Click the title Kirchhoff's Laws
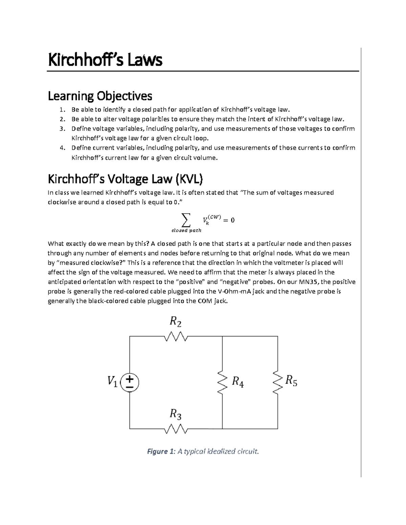tap(105, 60)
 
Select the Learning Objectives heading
tap(100, 96)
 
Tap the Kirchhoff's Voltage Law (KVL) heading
tap(125, 179)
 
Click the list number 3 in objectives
tap(62, 129)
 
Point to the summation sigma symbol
tap(185, 220)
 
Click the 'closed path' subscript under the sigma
tap(186, 231)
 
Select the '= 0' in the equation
tap(228, 220)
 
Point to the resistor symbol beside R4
tap(222, 383)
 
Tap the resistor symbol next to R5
tap(278, 383)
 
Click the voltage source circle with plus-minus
tap(130, 383)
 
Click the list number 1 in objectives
tap(62, 110)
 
